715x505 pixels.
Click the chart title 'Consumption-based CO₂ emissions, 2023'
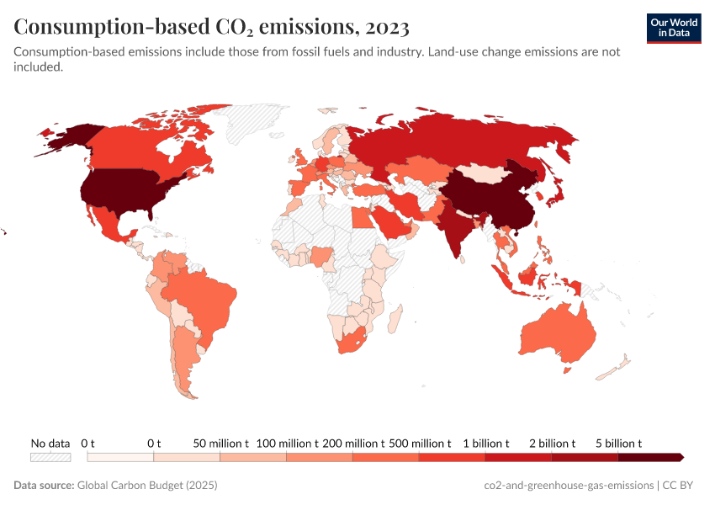coord(211,27)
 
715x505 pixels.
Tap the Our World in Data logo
coord(674,27)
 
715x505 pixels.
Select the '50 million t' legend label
coord(220,443)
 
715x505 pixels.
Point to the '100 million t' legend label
coord(287,443)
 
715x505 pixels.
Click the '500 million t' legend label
coord(420,443)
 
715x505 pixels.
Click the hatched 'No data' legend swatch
coord(50,457)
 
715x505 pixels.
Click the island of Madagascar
coord(393,320)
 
